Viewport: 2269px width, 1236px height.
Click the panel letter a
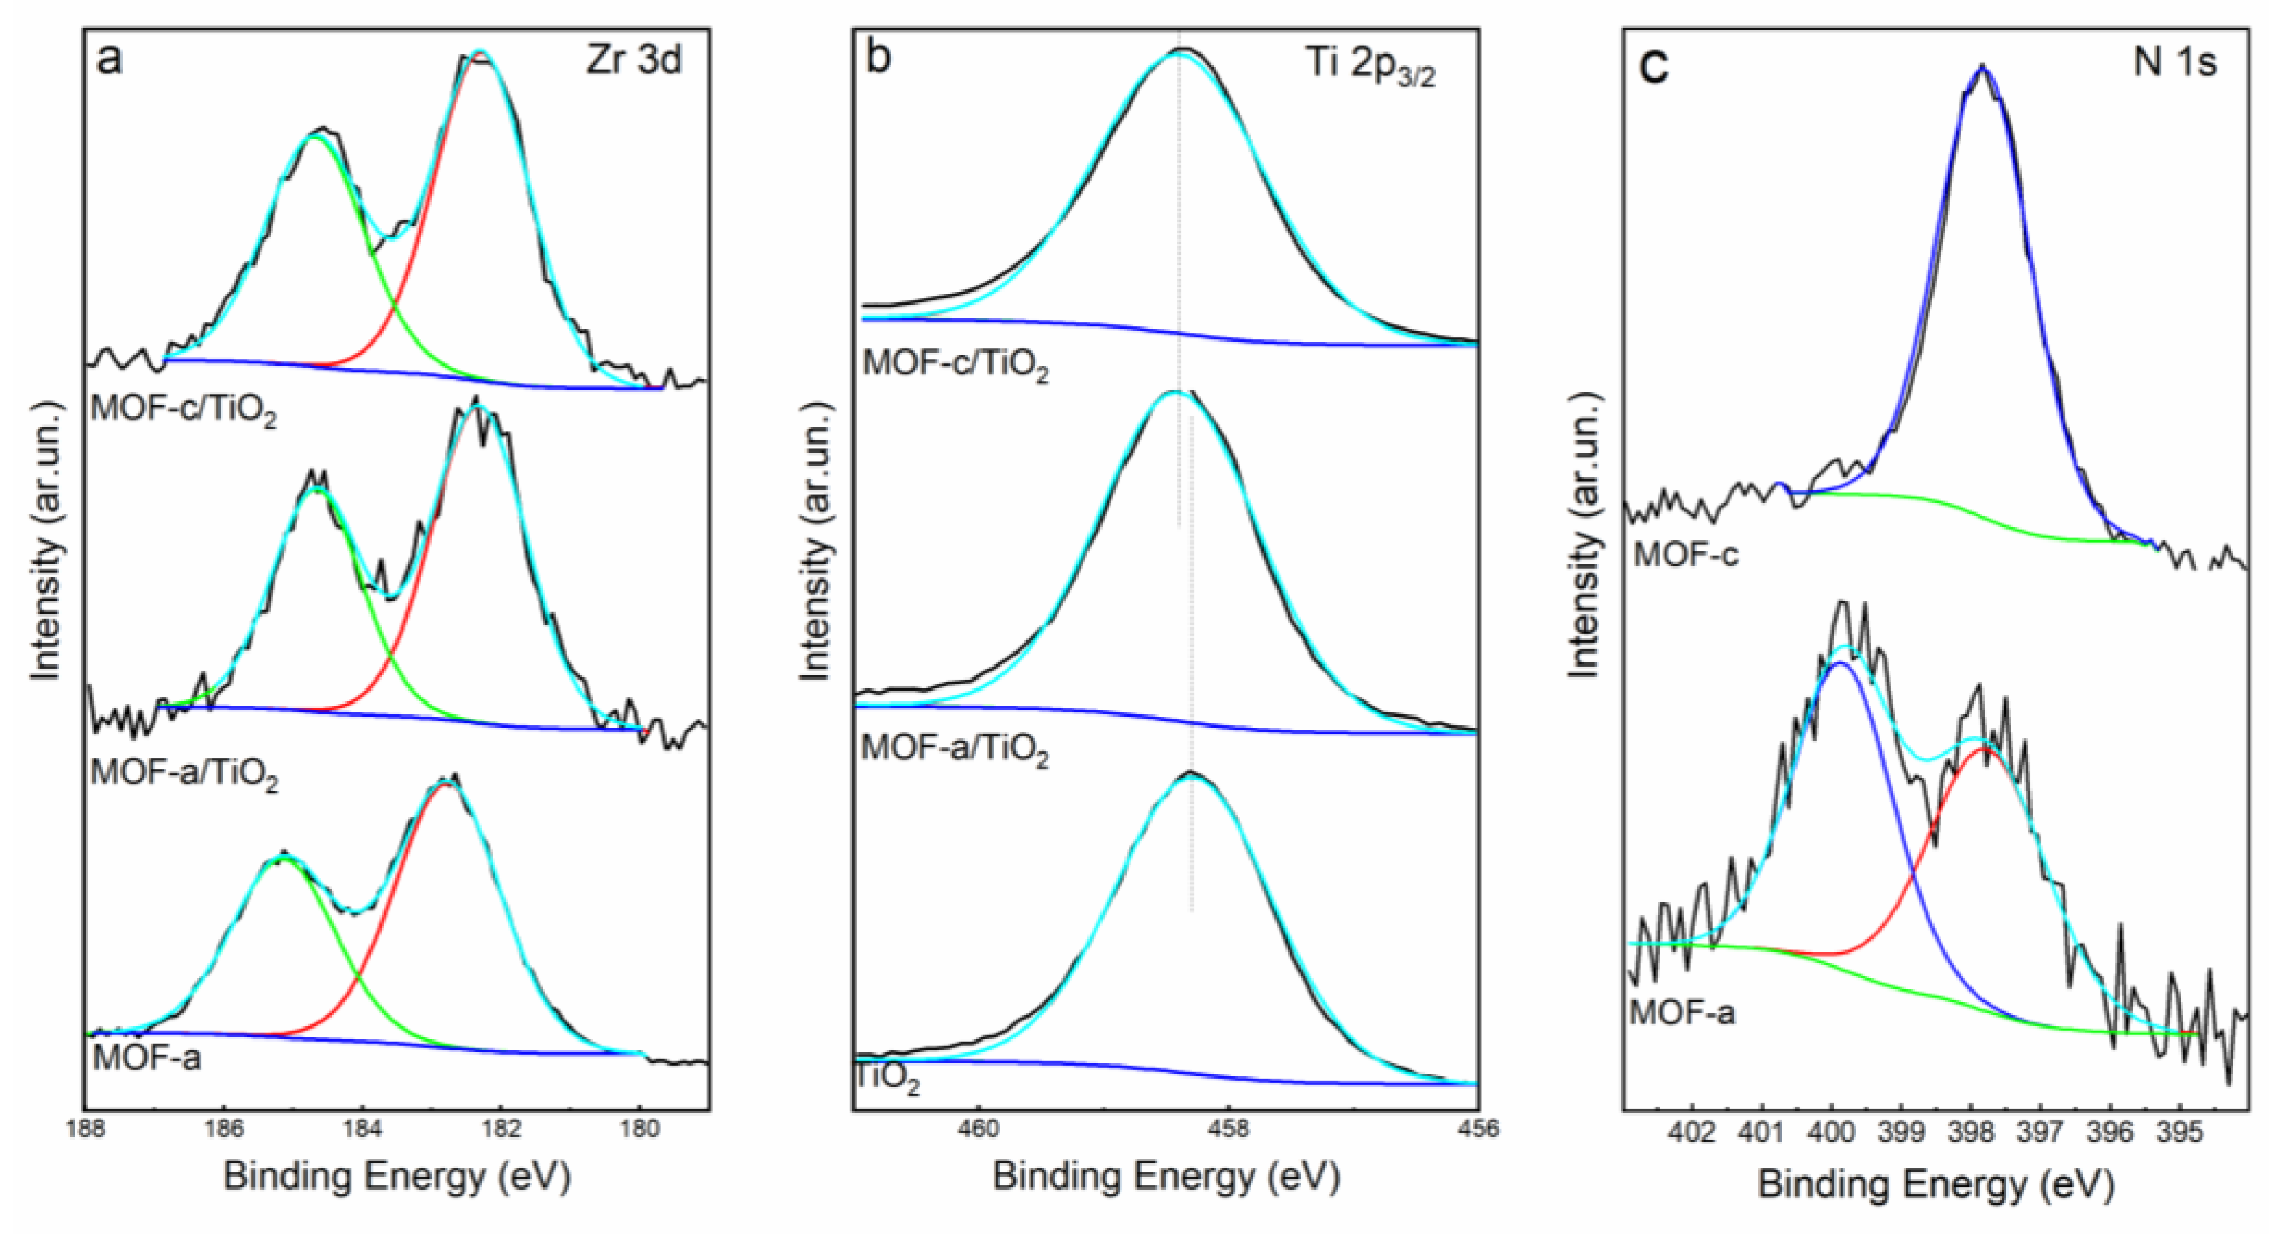click(110, 61)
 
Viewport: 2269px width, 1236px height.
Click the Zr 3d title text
click(634, 61)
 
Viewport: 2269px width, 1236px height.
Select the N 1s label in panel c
click(2175, 62)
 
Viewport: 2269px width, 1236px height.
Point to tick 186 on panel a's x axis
click(223, 1129)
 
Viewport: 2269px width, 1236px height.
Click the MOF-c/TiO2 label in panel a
click(184, 411)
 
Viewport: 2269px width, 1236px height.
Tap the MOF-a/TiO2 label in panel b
click(955, 750)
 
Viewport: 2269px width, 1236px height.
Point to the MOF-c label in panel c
click(1686, 555)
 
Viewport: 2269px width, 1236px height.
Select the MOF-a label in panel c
click(1682, 1013)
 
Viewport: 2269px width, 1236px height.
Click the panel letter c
click(1656, 65)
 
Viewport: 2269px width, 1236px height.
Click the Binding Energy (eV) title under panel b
click(1166, 1177)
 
